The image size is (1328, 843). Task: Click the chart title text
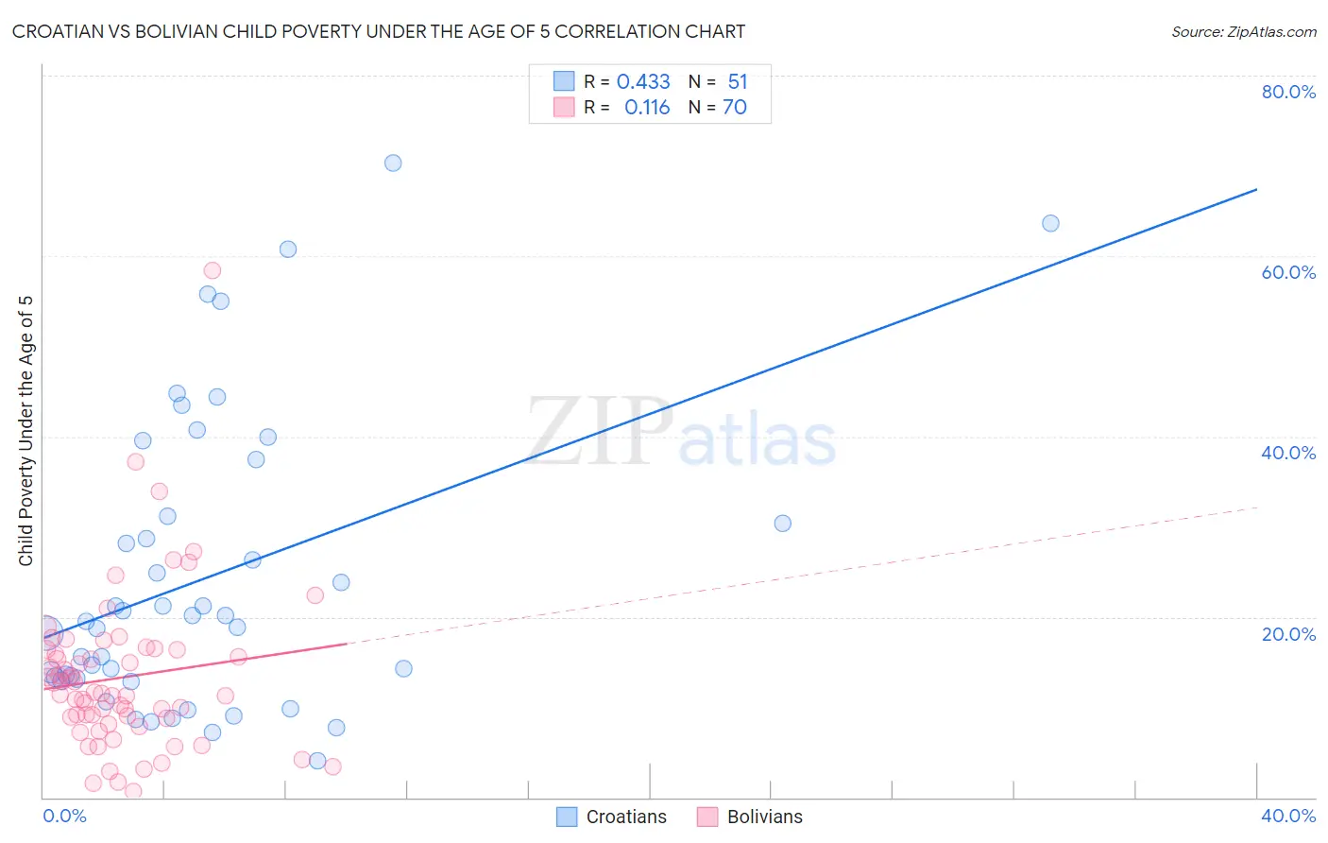click(x=378, y=31)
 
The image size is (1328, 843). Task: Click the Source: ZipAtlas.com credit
click(x=1243, y=31)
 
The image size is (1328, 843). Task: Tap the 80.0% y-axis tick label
click(x=1288, y=92)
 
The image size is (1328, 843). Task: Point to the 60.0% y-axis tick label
click(x=1288, y=272)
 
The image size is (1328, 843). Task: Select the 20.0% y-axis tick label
click(x=1288, y=633)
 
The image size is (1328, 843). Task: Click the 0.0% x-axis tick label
click(x=64, y=816)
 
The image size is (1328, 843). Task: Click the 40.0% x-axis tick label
click(x=1288, y=816)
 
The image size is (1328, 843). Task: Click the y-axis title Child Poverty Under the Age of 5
click(x=26, y=431)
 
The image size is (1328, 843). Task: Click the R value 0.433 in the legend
click(x=643, y=82)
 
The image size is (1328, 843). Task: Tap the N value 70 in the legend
click(x=735, y=108)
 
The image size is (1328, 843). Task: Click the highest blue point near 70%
click(x=393, y=163)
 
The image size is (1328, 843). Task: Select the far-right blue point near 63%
click(x=1050, y=223)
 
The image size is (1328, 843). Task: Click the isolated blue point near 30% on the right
click(x=782, y=523)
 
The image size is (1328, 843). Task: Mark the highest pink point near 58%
click(x=213, y=270)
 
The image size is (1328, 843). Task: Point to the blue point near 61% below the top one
click(x=288, y=249)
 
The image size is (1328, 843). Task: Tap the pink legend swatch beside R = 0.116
click(x=564, y=108)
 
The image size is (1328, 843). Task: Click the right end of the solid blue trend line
click(x=1256, y=190)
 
